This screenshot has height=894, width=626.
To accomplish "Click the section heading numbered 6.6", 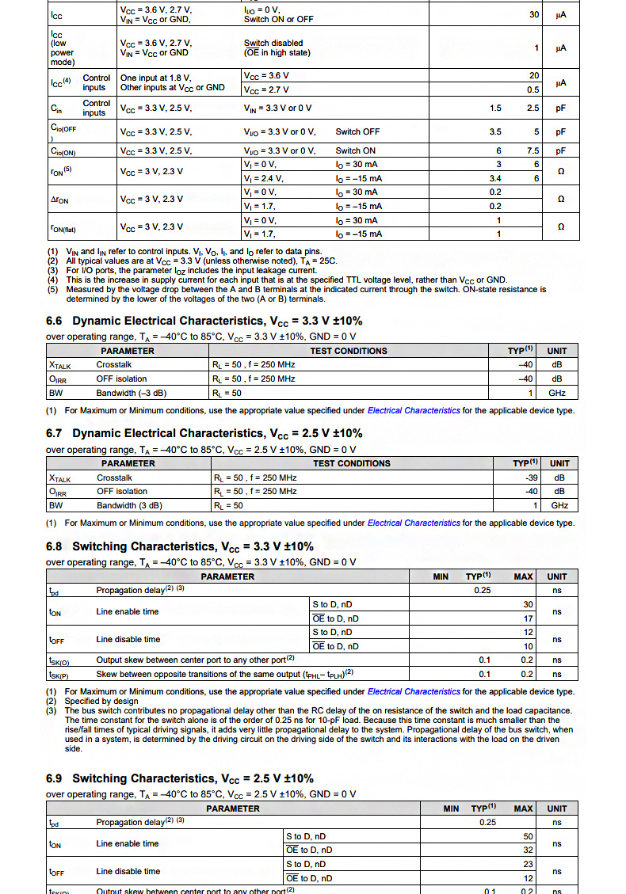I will [x=204, y=321].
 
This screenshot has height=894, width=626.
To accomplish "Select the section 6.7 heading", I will [x=204, y=433].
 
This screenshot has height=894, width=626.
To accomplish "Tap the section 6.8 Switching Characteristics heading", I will [x=180, y=546].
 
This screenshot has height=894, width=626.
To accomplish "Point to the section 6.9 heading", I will [x=180, y=778].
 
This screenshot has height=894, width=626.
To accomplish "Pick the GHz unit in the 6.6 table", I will [x=557, y=393].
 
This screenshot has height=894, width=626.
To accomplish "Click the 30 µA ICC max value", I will [x=534, y=14].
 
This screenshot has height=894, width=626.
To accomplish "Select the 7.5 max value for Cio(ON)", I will [x=533, y=150].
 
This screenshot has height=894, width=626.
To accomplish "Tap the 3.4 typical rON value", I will [x=494, y=179].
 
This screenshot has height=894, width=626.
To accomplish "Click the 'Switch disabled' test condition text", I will [x=273, y=43].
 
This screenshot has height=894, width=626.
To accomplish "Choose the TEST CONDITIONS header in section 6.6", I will [x=349, y=351].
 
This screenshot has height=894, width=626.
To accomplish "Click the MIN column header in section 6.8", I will [x=441, y=576].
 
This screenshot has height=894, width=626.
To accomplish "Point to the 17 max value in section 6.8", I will [x=528, y=618].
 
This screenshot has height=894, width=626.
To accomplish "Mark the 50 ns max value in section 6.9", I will [x=529, y=836].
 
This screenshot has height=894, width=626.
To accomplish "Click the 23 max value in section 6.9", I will [x=529, y=864].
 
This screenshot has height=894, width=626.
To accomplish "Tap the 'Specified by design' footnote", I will [x=101, y=701].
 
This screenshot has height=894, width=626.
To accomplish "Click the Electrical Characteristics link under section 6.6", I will [x=414, y=411].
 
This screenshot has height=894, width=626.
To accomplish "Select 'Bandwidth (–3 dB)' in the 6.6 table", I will [x=131, y=393].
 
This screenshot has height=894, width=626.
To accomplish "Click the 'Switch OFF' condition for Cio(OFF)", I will [x=357, y=131].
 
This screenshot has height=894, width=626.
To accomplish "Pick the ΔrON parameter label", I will [x=59, y=200].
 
